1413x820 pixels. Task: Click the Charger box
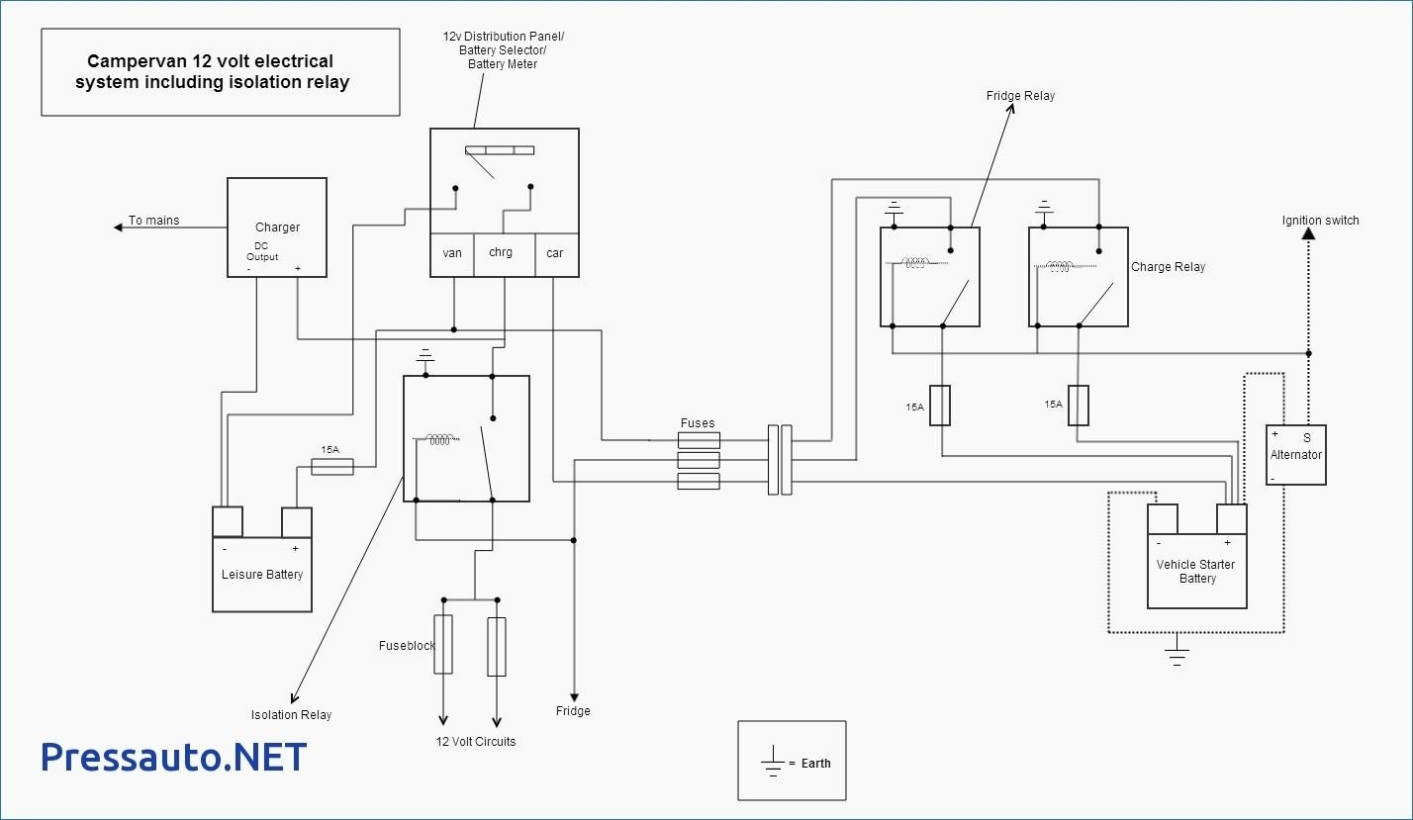[277, 227]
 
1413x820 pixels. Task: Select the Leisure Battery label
[262, 575]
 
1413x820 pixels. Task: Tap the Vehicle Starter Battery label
[1196, 572]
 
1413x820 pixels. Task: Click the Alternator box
[1295, 455]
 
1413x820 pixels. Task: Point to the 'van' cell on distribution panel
[452, 253]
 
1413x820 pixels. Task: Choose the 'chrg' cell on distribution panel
[501, 253]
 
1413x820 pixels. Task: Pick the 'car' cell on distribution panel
[555, 253]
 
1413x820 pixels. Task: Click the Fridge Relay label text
[1020, 96]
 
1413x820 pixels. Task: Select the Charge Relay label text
[1168, 267]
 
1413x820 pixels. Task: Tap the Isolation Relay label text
[291, 715]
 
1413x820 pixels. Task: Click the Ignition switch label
[1320, 221]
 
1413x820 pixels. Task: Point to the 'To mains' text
[154, 221]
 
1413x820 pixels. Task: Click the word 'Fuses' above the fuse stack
[698, 423]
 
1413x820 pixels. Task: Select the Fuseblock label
[407, 646]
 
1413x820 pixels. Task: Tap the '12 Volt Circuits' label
[476, 742]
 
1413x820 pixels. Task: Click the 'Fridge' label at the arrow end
[573, 711]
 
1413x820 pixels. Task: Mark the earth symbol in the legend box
[772, 762]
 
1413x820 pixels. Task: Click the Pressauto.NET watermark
[174, 758]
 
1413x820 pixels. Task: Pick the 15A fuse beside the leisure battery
[332, 466]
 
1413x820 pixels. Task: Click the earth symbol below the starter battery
[1177, 650]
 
